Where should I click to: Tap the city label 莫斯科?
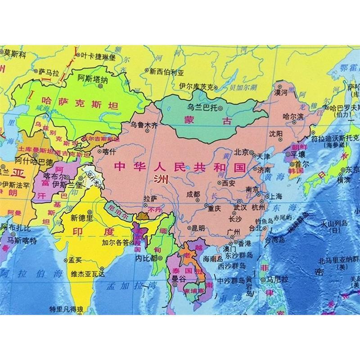pyautogui.click(x=16, y=53)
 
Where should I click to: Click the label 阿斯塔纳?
pyautogui.click(x=93, y=80)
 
